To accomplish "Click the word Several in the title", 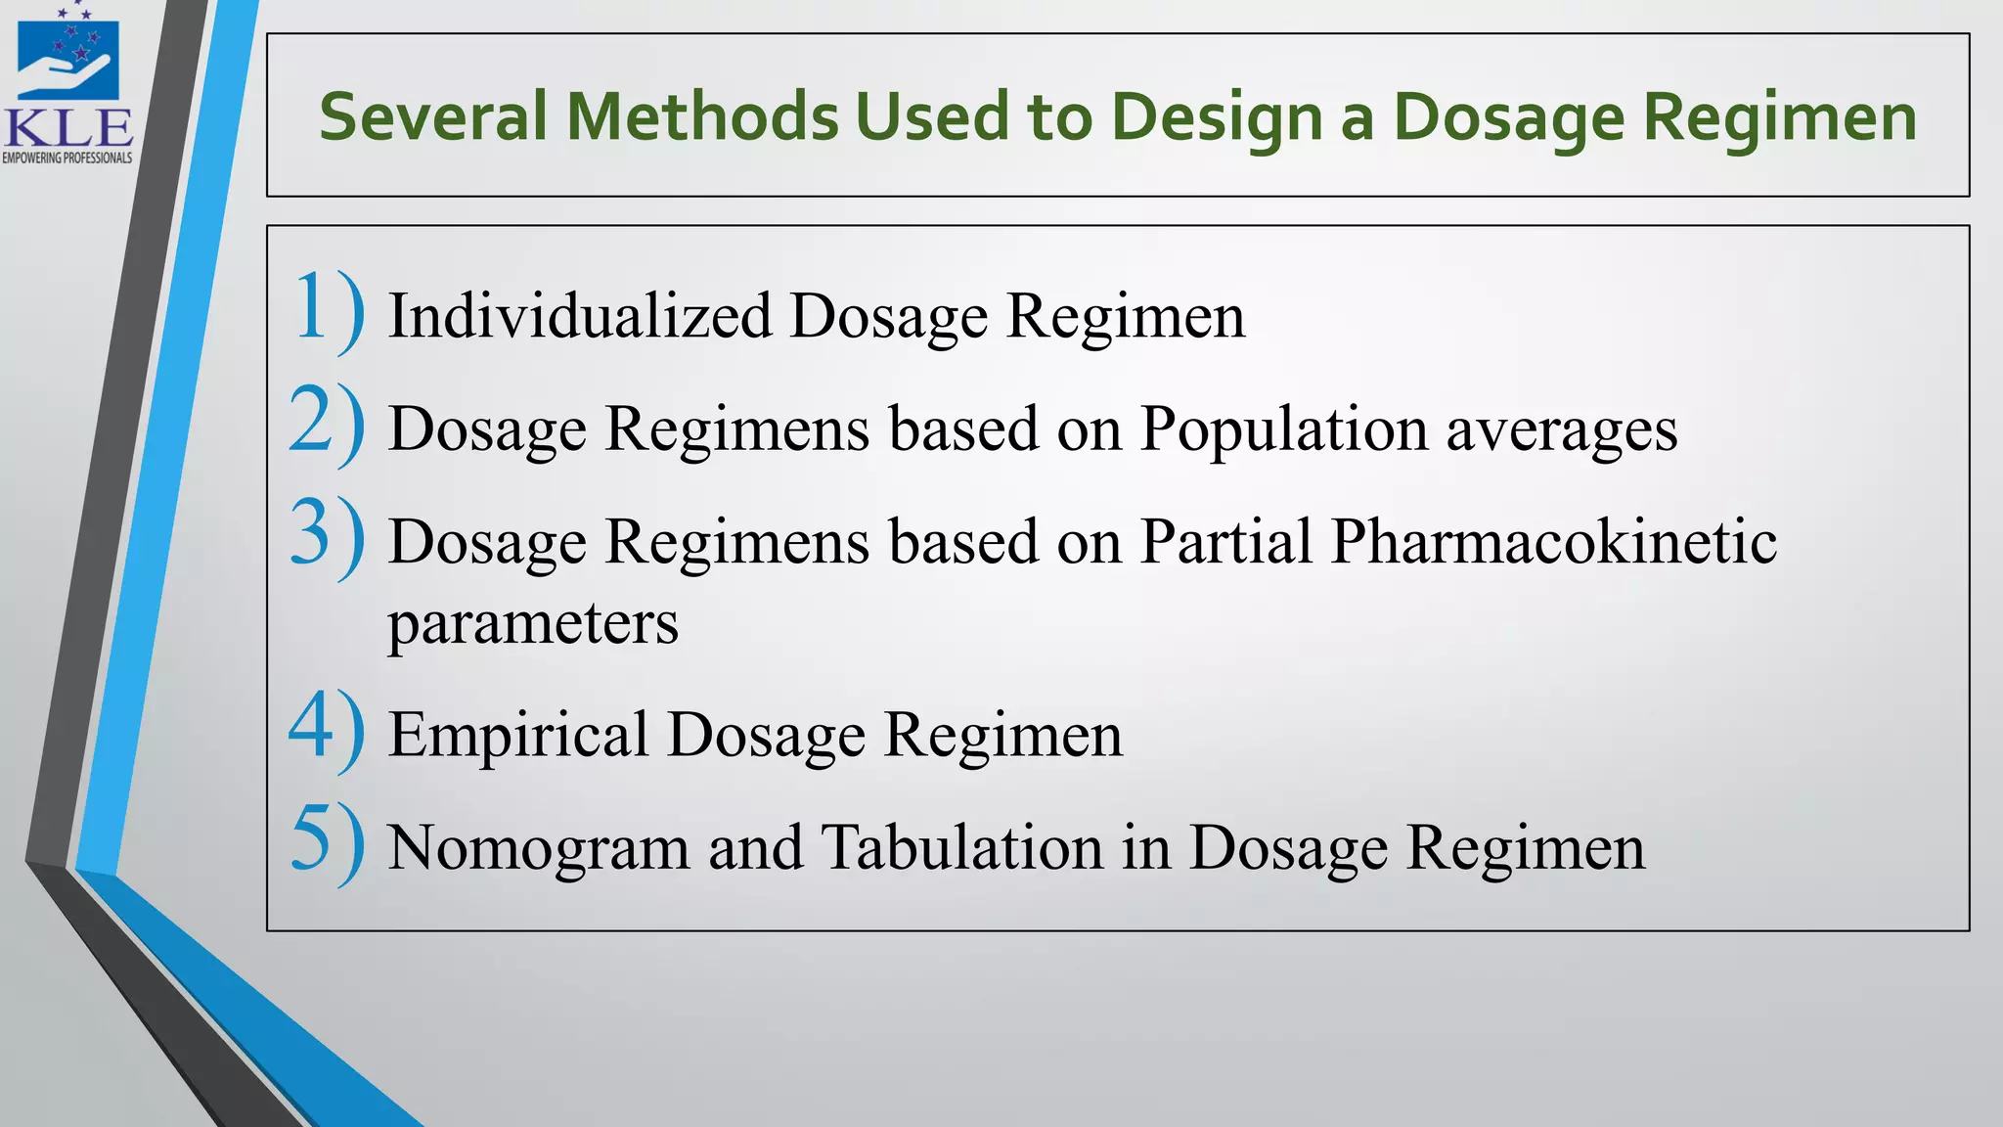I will point(433,116).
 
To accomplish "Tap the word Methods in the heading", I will point(702,116).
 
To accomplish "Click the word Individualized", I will point(580,316).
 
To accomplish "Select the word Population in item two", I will point(1283,430).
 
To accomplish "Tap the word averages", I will point(1562,430).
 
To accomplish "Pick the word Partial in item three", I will point(1225,541).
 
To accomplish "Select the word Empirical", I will point(518,736).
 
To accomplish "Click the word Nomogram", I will point(539,848).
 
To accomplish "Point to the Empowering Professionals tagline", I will point(67,158).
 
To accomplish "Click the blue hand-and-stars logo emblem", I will point(68,56).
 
